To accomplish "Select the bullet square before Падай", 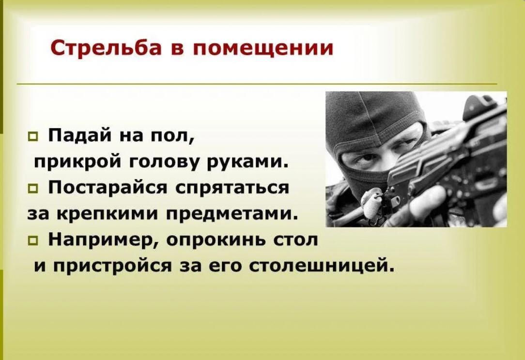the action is (x=33, y=137).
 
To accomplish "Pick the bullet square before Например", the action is (x=33, y=240).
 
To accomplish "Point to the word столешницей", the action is (x=321, y=266).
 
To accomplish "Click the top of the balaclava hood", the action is (x=375, y=95).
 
